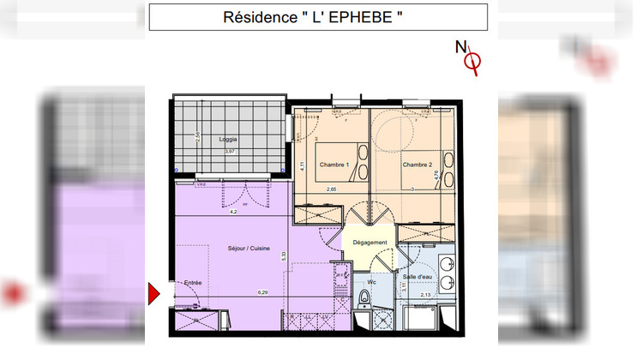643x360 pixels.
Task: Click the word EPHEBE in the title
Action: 359,17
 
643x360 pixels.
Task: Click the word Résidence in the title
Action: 255,17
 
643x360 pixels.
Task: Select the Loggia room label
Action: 228,140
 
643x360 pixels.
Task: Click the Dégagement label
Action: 370,243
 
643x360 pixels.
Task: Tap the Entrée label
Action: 192,282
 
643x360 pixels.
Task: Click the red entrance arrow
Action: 154,295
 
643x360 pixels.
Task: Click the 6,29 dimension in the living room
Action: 263,292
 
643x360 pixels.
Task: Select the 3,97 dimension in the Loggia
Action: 229,151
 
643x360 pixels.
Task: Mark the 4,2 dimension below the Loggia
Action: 231,211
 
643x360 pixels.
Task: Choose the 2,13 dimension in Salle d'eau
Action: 425,295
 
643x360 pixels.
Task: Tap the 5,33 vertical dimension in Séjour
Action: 284,255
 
